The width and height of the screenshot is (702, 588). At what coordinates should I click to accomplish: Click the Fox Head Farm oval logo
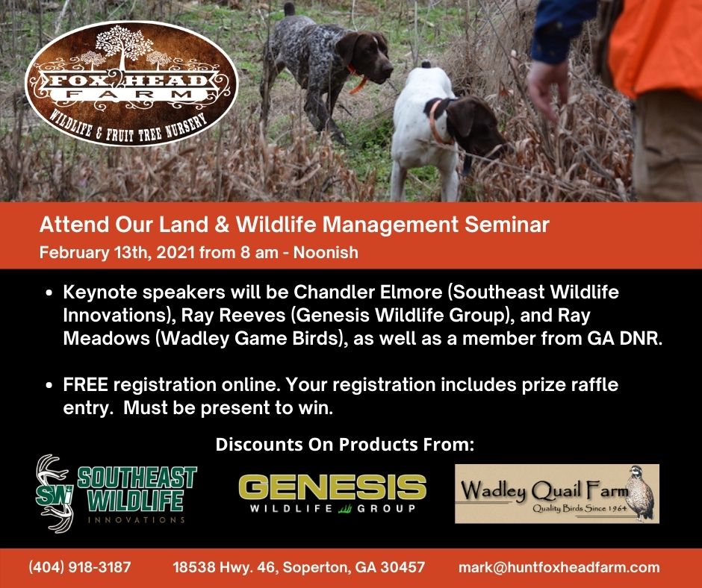coord(131,84)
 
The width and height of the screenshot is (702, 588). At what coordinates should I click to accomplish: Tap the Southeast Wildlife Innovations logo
coord(116,493)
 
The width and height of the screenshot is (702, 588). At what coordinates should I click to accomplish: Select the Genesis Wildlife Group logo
coord(332,493)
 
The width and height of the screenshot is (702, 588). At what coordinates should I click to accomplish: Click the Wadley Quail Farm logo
coord(557,493)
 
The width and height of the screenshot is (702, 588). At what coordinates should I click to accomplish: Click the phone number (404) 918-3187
coord(80,567)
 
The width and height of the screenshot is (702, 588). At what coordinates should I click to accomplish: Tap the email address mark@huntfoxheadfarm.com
coord(559,567)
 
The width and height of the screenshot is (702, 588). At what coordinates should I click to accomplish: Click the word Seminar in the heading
coord(506,225)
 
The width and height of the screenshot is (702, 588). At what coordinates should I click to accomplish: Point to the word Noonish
coord(326,252)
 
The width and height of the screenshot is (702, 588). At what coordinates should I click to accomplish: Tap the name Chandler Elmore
coord(367,293)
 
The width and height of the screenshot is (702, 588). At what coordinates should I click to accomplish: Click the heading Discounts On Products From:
coord(345,444)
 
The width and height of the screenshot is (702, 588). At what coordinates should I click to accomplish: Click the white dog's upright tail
coord(426,65)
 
